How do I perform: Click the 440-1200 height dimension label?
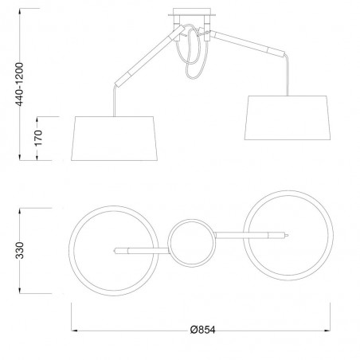[x=7, y=75]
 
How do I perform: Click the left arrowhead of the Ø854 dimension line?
[x=75, y=330]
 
